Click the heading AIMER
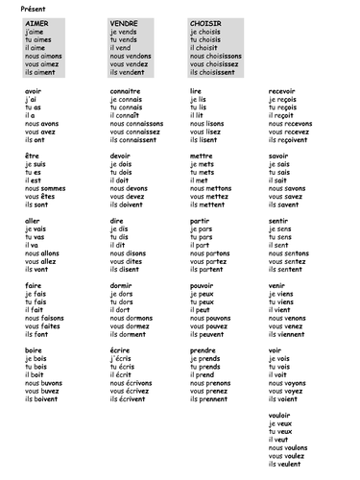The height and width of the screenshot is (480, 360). pyautogui.click(x=37, y=21)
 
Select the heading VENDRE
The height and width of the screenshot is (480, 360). pyautogui.click(x=124, y=21)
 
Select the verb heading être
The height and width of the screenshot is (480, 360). pyautogui.click(x=31, y=155)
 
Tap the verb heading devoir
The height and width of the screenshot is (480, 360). pyautogui.click(x=120, y=155)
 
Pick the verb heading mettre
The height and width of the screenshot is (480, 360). pyautogui.click(x=202, y=155)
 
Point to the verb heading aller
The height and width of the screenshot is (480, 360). pyautogui.click(x=32, y=221)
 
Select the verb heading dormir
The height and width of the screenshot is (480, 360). pyautogui.click(x=121, y=285)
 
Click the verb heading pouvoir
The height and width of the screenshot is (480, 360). pyautogui.click(x=203, y=285)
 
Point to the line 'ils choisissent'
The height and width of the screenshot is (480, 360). pyautogui.click(x=215, y=71)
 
